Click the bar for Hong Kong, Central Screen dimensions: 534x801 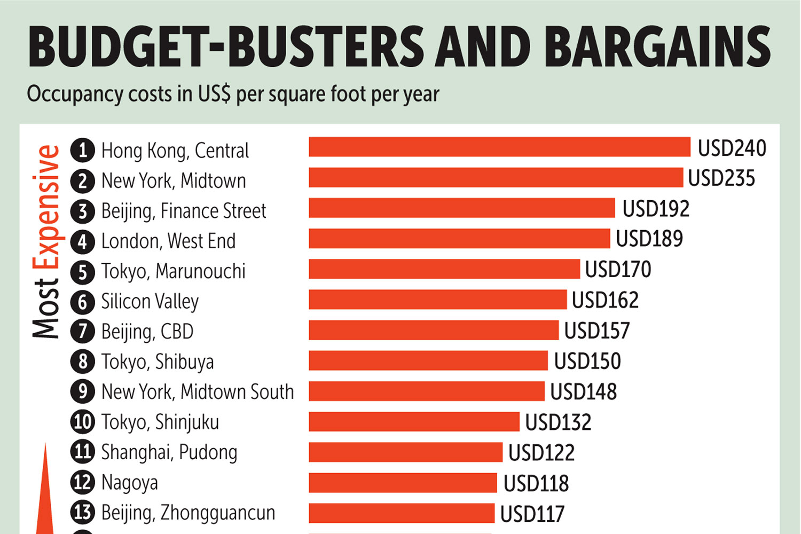(499, 147)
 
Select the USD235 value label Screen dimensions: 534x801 (721, 178)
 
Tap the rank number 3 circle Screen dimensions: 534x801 (83, 211)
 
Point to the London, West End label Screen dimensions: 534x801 (168, 241)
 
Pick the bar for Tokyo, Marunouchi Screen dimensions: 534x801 (444, 269)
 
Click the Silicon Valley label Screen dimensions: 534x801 (150, 302)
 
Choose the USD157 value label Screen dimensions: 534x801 (597, 331)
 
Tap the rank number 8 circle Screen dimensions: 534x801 (83, 362)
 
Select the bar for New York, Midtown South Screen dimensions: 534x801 (427, 391)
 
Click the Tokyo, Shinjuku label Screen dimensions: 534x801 (160, 422)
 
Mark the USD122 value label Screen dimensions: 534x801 (541, 453)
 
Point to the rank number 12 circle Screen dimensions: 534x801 (83, 482)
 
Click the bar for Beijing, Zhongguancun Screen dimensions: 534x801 (402, 513)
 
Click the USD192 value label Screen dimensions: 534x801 (656, 209)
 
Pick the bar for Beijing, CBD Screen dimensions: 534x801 (434, 330)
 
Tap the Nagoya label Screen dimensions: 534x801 (130, 483)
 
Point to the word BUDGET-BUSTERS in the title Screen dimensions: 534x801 (226, 47)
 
